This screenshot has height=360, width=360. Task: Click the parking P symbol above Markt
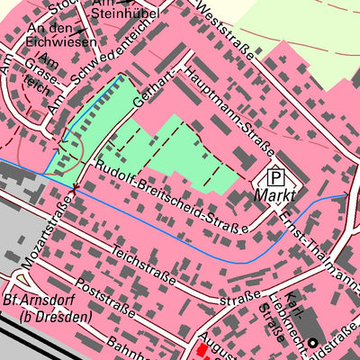point(277,177)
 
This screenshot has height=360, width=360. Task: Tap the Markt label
point(276,195)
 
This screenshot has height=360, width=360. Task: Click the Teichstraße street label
point(144,265)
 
